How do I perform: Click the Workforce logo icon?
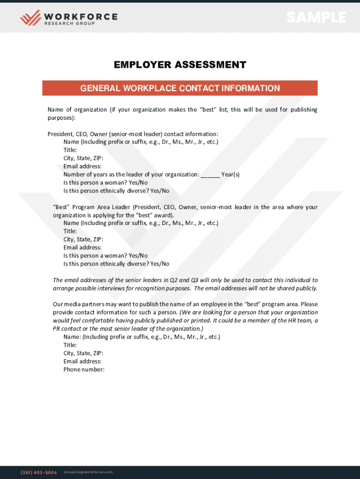(30, 18)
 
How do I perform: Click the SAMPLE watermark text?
(316, 18)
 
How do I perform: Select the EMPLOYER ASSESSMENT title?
(180, 65)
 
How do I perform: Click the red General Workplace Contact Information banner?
(180, 88)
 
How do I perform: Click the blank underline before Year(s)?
(210, 175)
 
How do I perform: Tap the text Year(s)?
(230, 174)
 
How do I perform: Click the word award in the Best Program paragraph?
(163, 215)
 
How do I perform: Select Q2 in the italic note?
(173, 280)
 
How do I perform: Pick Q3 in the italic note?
(195, 280)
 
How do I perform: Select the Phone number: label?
(84, 370)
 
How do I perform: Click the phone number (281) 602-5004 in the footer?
(39, 472)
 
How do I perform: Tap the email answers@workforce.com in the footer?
(88, 472)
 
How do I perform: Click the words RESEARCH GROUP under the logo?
(69, 24)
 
